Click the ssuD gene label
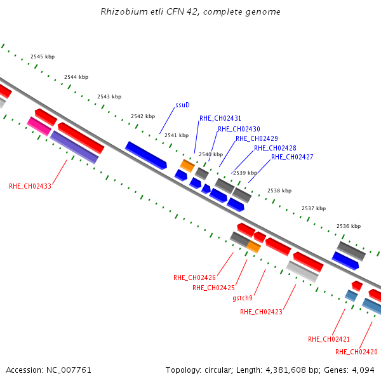tap(182, 105)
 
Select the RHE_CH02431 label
tap(220, 118)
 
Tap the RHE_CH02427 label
tap(292, 157)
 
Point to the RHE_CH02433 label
tap(30, 186)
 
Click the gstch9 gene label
tap(243, 298)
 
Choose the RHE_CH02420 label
tap(356, 352)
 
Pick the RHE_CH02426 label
tap(195, 277)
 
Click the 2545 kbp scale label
tap(43, 57)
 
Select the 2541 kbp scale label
tap(177, 135)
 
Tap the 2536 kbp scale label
tap(349, 226)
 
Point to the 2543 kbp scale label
tap(109, 97)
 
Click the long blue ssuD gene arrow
tap(146, 156)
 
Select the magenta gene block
tap(39, 126)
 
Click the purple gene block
tap(74, 147)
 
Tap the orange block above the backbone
tap(187, 166)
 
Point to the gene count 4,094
tap(363, 370)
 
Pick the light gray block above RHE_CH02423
tap(302, 271)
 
